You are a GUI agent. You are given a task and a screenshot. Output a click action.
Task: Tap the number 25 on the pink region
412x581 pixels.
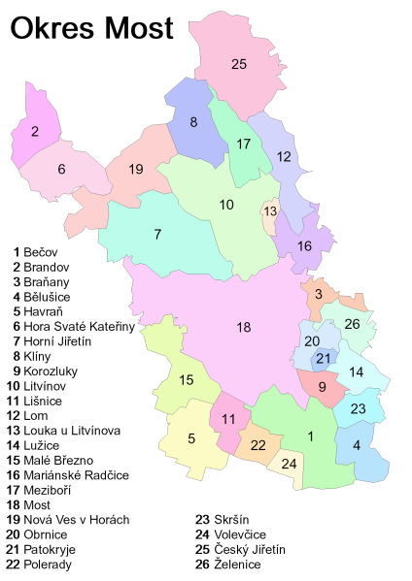[240, 65]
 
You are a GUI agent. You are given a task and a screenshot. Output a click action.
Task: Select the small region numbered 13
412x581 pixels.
[270, 212]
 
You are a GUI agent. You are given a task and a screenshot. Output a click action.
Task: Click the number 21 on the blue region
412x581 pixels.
[324, 359]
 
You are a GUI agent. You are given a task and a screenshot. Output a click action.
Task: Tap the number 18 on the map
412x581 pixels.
[243, 327]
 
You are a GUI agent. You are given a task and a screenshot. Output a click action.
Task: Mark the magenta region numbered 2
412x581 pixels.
[35, 132]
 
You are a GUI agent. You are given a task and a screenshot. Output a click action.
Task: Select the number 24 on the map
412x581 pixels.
[290, 463]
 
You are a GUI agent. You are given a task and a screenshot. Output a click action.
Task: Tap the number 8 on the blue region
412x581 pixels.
[193, 122]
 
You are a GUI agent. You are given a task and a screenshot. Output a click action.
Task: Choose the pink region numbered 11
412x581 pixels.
[229, 419]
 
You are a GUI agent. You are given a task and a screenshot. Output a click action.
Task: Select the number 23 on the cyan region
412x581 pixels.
[358, 408]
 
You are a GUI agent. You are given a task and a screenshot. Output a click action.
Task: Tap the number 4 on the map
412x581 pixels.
[358, 446]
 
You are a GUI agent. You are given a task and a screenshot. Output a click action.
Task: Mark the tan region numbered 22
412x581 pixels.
[258, 444]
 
